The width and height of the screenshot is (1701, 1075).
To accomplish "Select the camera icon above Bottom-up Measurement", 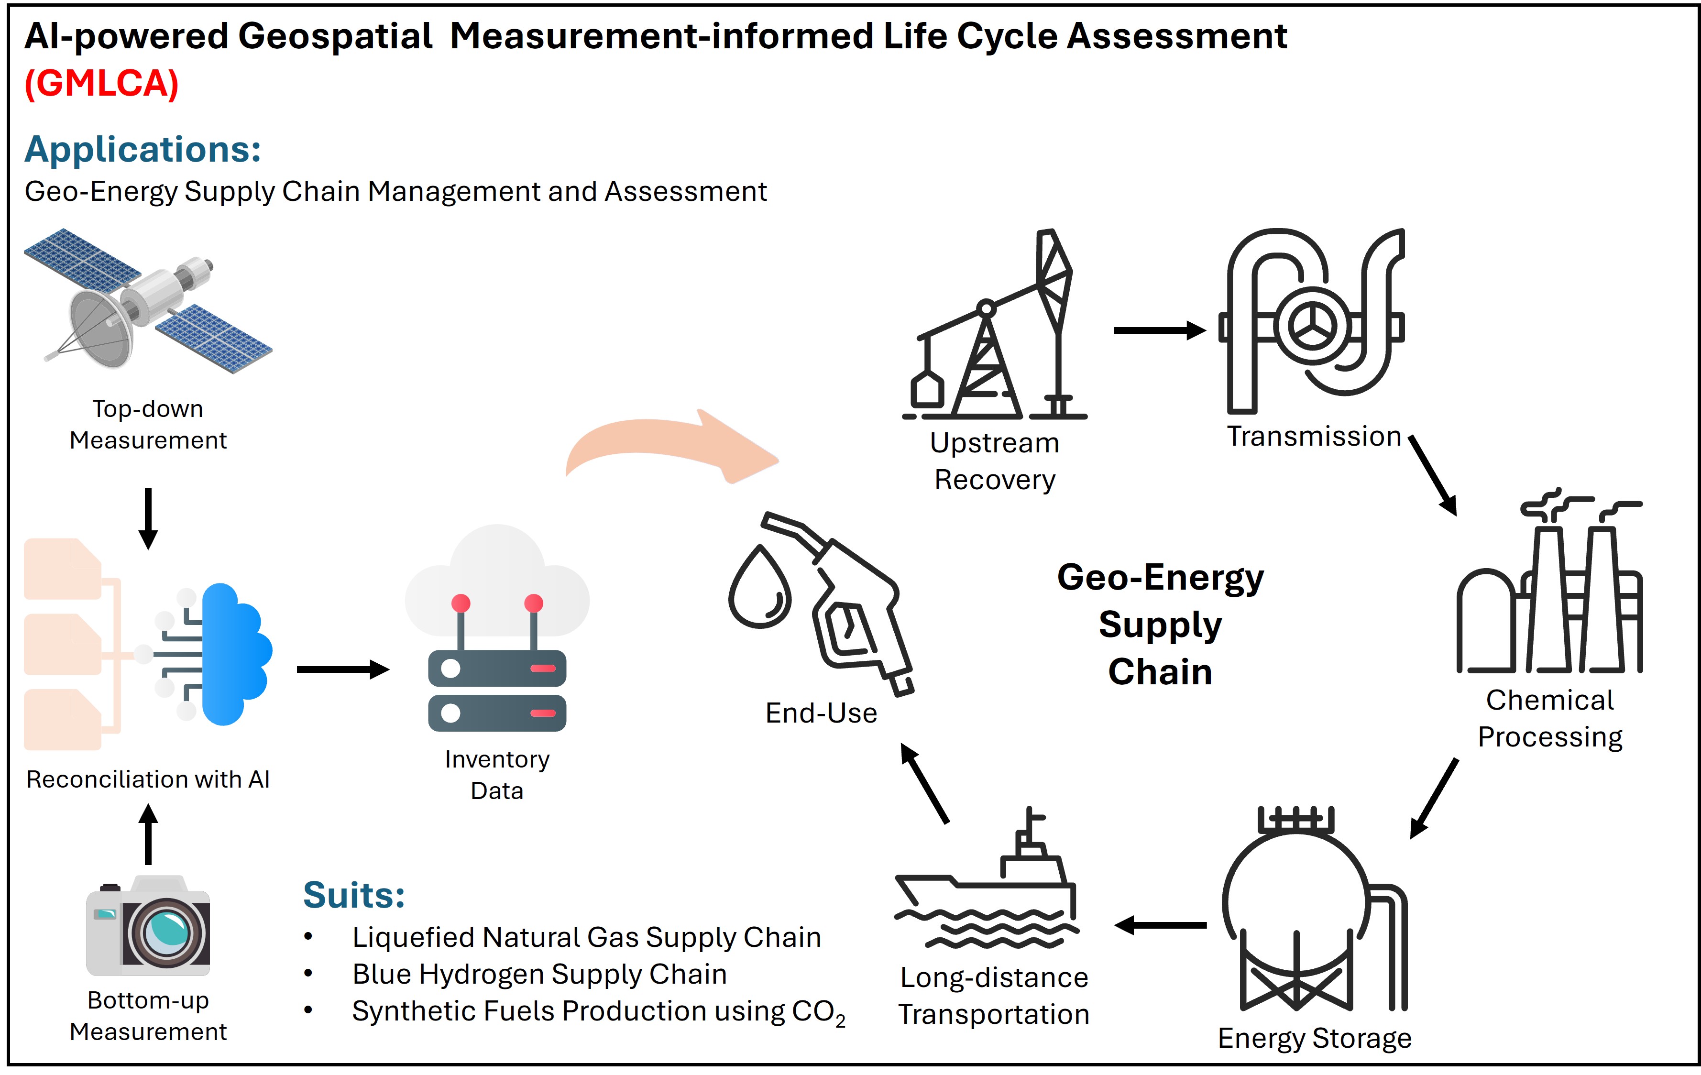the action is pyautogui.click(x=148, y=926).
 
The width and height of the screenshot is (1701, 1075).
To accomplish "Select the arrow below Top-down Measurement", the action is pyautogui.click(x=148, y=518).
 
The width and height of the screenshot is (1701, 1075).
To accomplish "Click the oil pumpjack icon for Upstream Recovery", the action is pyautogui.click(x=995, y=324).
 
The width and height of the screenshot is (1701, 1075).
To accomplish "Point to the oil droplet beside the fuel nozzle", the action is pyautogui.click(x=760, y=586).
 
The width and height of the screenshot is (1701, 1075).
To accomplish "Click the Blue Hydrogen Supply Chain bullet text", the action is pyautogui.click(x=540, y=974).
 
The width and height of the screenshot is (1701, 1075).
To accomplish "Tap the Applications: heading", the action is pyautogui.click(x=143, y=150).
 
